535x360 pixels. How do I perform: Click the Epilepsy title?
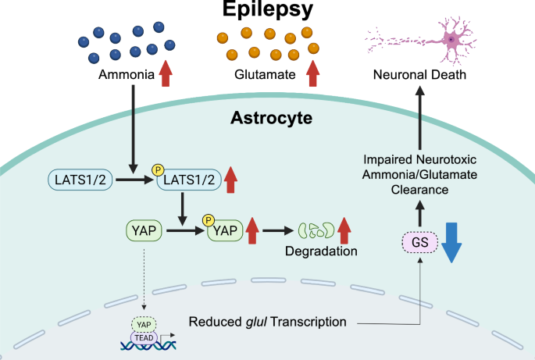(x=268, y=9)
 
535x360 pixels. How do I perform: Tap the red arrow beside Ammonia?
(x=166, y=73)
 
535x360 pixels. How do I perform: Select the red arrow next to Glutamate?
(x=313, y=73)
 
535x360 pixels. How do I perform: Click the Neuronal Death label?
(x=419, y=74)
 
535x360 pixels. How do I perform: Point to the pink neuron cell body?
(x=451, y=40)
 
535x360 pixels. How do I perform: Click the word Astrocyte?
(x=271, y=118)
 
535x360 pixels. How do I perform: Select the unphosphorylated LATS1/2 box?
(x=80, y=180)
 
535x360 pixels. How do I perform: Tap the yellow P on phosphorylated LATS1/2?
(x=158, y=170)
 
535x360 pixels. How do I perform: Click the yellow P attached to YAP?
(x=209, y=220)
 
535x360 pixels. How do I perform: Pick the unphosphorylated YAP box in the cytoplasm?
(x=144, y=230)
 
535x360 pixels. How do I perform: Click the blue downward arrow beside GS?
(x=451, y=243)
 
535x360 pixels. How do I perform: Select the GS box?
(x=420, y=242)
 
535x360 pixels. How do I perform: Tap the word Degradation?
(x=321, y=251)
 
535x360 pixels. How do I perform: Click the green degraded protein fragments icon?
(x=316, y=230)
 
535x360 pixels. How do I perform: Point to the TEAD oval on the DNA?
(x=144, y=338)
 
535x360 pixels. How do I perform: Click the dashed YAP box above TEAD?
(x=144, y=325)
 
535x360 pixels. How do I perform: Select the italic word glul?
(x=256, y=322)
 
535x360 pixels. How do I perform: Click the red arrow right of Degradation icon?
(x=344, y=230)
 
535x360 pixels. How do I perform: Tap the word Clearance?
(x=419, y=190)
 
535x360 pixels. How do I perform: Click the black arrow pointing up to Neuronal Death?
(x=420, y=118)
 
